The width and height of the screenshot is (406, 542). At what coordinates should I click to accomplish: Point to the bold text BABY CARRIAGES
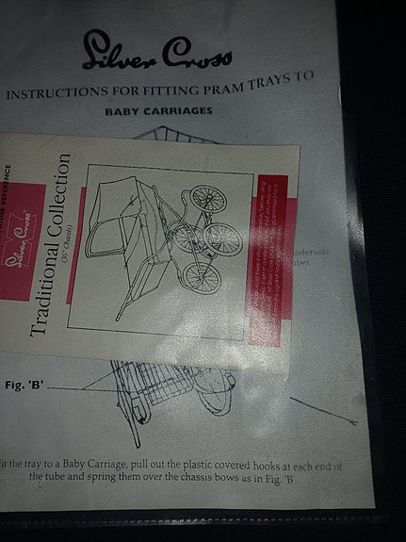164,110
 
